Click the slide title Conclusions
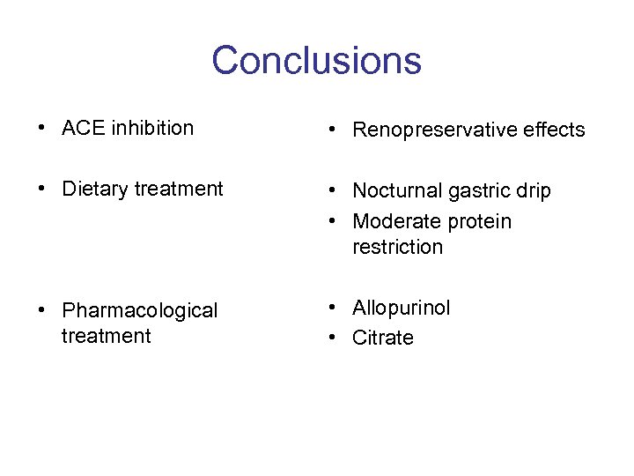316,61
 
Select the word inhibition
151,128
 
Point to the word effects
549,130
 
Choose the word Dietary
94,189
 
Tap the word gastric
475,191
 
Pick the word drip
532,191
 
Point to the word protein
478,221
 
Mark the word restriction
397,247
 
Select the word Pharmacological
139,311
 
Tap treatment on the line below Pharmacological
107,336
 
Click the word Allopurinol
401,309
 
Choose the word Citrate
382,338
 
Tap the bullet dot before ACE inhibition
42,128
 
